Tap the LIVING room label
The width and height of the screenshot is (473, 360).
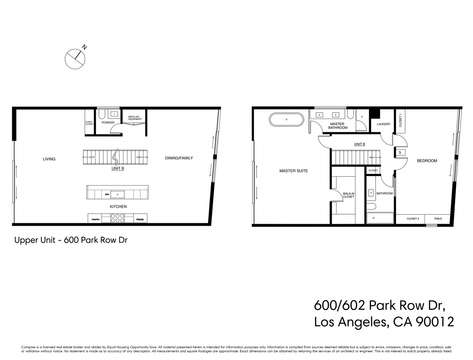point(49,159)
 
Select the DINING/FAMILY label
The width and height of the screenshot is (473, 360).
point(179,158)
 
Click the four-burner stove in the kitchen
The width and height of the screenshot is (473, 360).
point(117,218)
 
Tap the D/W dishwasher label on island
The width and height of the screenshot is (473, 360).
point(106,195)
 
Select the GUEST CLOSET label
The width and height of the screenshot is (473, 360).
point(89,123)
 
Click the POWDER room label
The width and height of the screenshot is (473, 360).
point(108,122)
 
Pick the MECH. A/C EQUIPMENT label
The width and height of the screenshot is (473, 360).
point(135,118)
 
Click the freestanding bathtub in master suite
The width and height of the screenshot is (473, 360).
point(287,119)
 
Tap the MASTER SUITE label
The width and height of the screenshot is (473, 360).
point(293,171)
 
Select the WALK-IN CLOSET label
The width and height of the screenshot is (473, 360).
point(348,195)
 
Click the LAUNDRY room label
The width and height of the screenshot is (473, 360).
point(383,124)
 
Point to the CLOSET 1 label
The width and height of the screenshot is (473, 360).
point(400,120)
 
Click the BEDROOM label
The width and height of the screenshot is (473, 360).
point(427,161)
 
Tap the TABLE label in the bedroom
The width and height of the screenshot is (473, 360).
point(438,219)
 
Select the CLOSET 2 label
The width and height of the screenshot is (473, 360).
point(413,219)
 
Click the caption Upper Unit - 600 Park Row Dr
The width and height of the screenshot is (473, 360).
point(71,240)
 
